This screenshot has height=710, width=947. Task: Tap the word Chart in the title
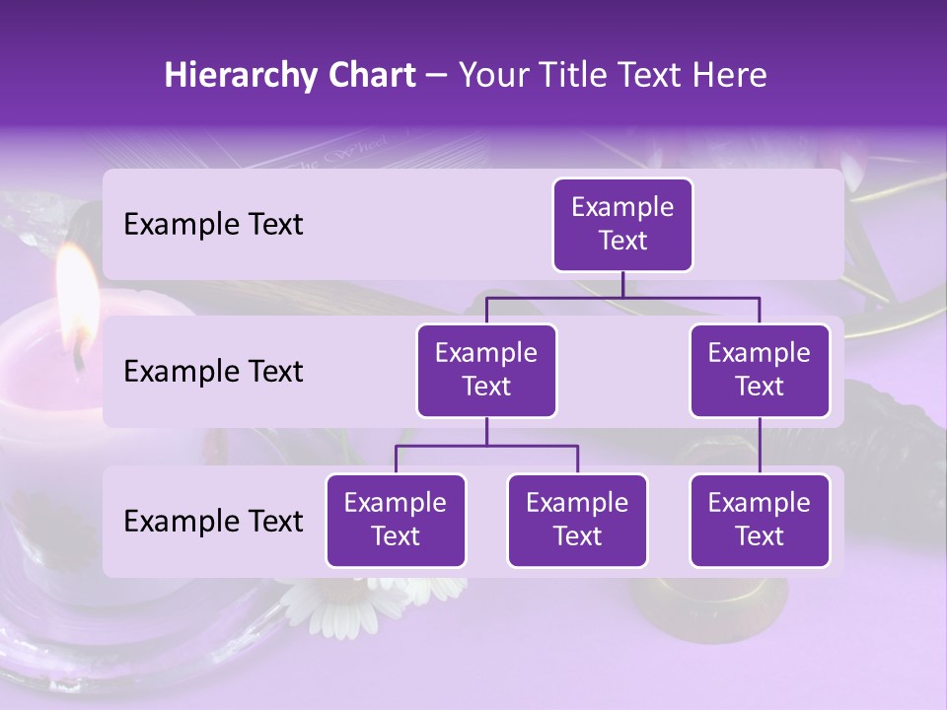pos(368,76)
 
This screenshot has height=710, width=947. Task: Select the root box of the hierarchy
pos(622,225)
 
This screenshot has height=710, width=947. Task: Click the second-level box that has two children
pos(486,371)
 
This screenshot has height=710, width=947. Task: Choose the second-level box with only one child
pos(760,371)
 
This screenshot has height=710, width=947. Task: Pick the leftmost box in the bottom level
pos(396,521)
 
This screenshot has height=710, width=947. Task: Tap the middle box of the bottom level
pos(577,521)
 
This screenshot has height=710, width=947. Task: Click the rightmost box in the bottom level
pos(760,521)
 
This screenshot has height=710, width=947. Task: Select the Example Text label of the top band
pos(213,225)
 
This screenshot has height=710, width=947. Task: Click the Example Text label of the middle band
pos(213,372)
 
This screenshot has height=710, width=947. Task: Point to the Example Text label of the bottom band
pos(213,521)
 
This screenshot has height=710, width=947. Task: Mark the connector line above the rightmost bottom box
pos(760,446)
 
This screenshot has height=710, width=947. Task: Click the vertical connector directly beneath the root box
pos(622,284)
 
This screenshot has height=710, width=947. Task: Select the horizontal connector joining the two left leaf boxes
pos(486,446)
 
